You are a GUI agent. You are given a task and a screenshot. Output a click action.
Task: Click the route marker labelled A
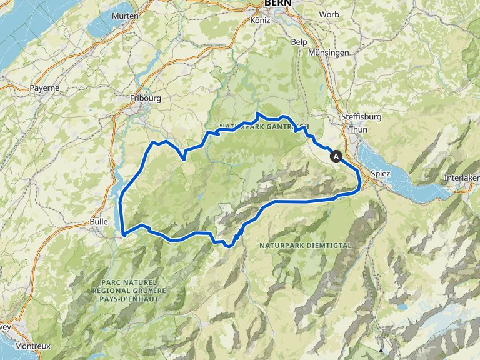coord(337,156)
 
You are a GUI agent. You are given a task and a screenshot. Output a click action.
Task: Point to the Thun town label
coord(359,130)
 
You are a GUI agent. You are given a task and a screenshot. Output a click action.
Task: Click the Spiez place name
coord(381,172)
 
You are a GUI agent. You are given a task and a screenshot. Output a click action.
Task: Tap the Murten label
coord(124,15)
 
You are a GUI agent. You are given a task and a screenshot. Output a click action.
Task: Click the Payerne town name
coord(44,88)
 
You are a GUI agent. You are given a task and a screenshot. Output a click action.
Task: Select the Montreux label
coord(33,346)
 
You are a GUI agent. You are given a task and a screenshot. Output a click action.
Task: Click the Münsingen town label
coord(329,53)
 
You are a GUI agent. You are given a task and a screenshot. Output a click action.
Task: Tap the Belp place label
coord(299,41)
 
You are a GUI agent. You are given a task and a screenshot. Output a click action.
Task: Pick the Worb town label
coord(329,14)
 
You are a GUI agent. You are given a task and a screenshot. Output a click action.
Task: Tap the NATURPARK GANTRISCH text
coord(264,126)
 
